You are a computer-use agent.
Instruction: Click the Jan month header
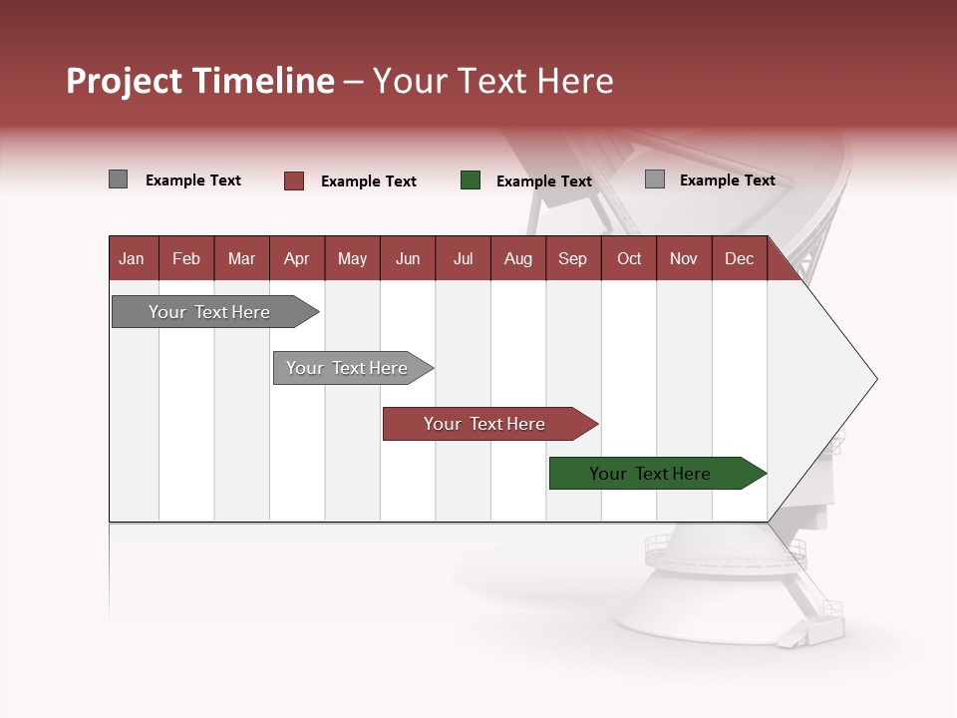pos(132,258)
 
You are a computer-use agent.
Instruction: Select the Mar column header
pos(241,258)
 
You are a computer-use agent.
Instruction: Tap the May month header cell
pos(352,258)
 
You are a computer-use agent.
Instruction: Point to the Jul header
pos(463,258)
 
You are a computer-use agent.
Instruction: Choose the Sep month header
pos(572,258)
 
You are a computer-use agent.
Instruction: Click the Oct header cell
pos(629,258)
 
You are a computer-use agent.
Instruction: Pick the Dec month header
pos(739,258)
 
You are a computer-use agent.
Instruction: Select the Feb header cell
pos(186,258)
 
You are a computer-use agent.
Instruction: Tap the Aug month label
pos(517,258)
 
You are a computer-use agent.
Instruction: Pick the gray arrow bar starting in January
pos(209,312)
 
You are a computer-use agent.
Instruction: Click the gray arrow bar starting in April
pos(348,368)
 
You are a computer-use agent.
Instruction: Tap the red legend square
pos(294,180)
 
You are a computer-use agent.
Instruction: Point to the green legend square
pos(471,180)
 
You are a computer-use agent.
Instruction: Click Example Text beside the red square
pos(368,181)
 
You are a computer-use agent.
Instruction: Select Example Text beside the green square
pos(543,181)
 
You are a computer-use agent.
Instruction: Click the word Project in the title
pos(125,81)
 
